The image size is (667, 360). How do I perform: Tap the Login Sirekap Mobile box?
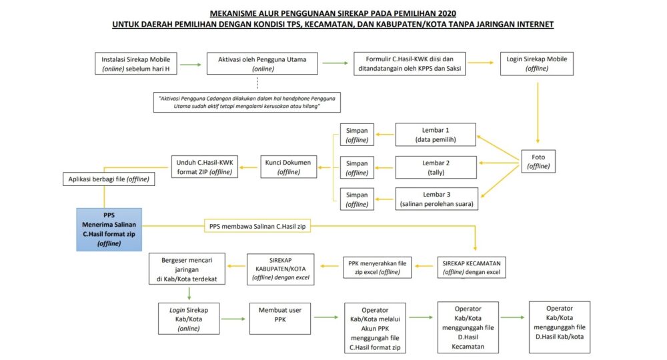pos(536,64)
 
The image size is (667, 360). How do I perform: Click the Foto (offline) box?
pos(538,162)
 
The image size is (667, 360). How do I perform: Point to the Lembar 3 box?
pos(436,199)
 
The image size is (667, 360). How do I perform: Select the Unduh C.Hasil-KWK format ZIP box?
pos(203,167)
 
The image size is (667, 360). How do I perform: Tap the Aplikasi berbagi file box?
pos(109,179)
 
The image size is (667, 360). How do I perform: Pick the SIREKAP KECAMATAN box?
pos(472,267)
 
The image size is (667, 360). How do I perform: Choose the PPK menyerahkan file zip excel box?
pos(378,267)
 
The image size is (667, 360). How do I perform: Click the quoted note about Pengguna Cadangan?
pos(246,102)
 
